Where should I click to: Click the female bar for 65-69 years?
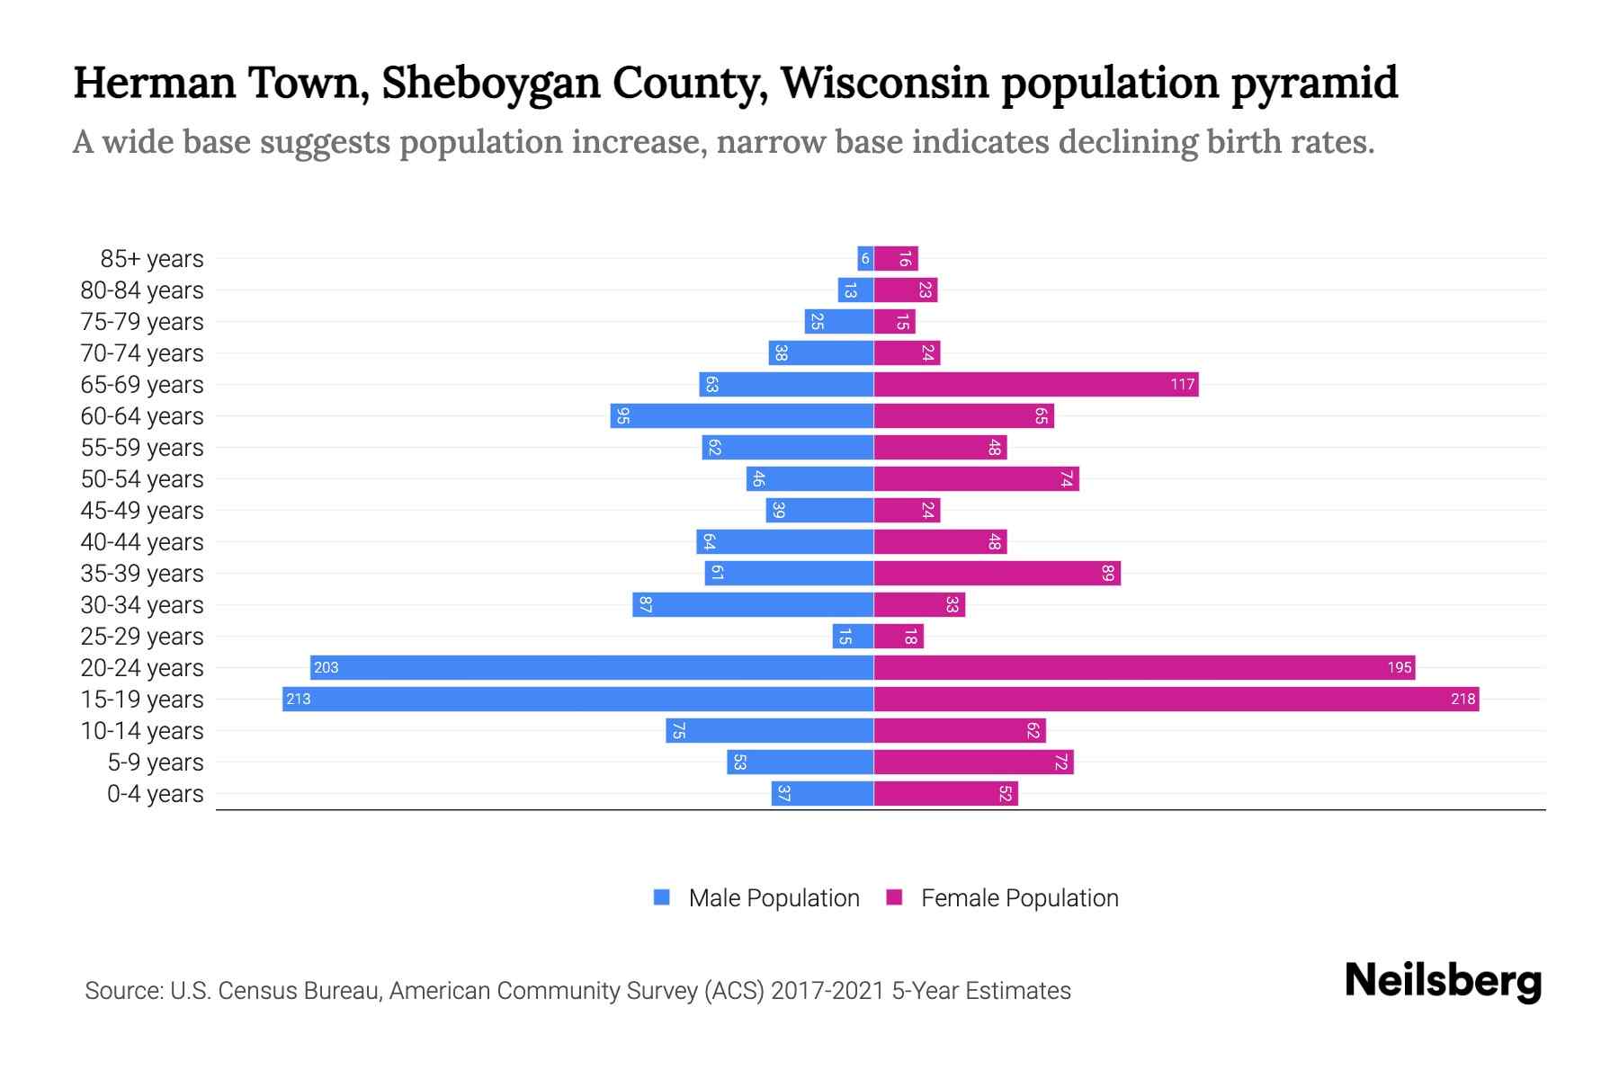click(1034, 385)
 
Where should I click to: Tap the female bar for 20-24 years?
click(1142, 668)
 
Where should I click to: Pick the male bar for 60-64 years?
click(742, 416)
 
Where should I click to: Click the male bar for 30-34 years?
click(753, 605)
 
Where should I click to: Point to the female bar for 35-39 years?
click(997, 574)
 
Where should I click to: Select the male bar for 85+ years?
click(865, 259)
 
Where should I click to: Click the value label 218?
click(1462, 700)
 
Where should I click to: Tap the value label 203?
click(326, 668)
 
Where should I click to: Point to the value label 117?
click(1182, 385)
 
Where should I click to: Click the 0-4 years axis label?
click(155, 794)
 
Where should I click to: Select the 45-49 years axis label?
click(142, 511)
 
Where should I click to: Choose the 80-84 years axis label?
click(142, 290)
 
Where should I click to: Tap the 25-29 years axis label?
click(142, 637)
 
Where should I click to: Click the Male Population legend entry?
click(773, 898)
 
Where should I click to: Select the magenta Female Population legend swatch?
click(894, 897)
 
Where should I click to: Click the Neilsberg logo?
click(1443, 981)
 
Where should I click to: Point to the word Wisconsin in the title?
click(885, 83)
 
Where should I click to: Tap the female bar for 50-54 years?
click(976, 479)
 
